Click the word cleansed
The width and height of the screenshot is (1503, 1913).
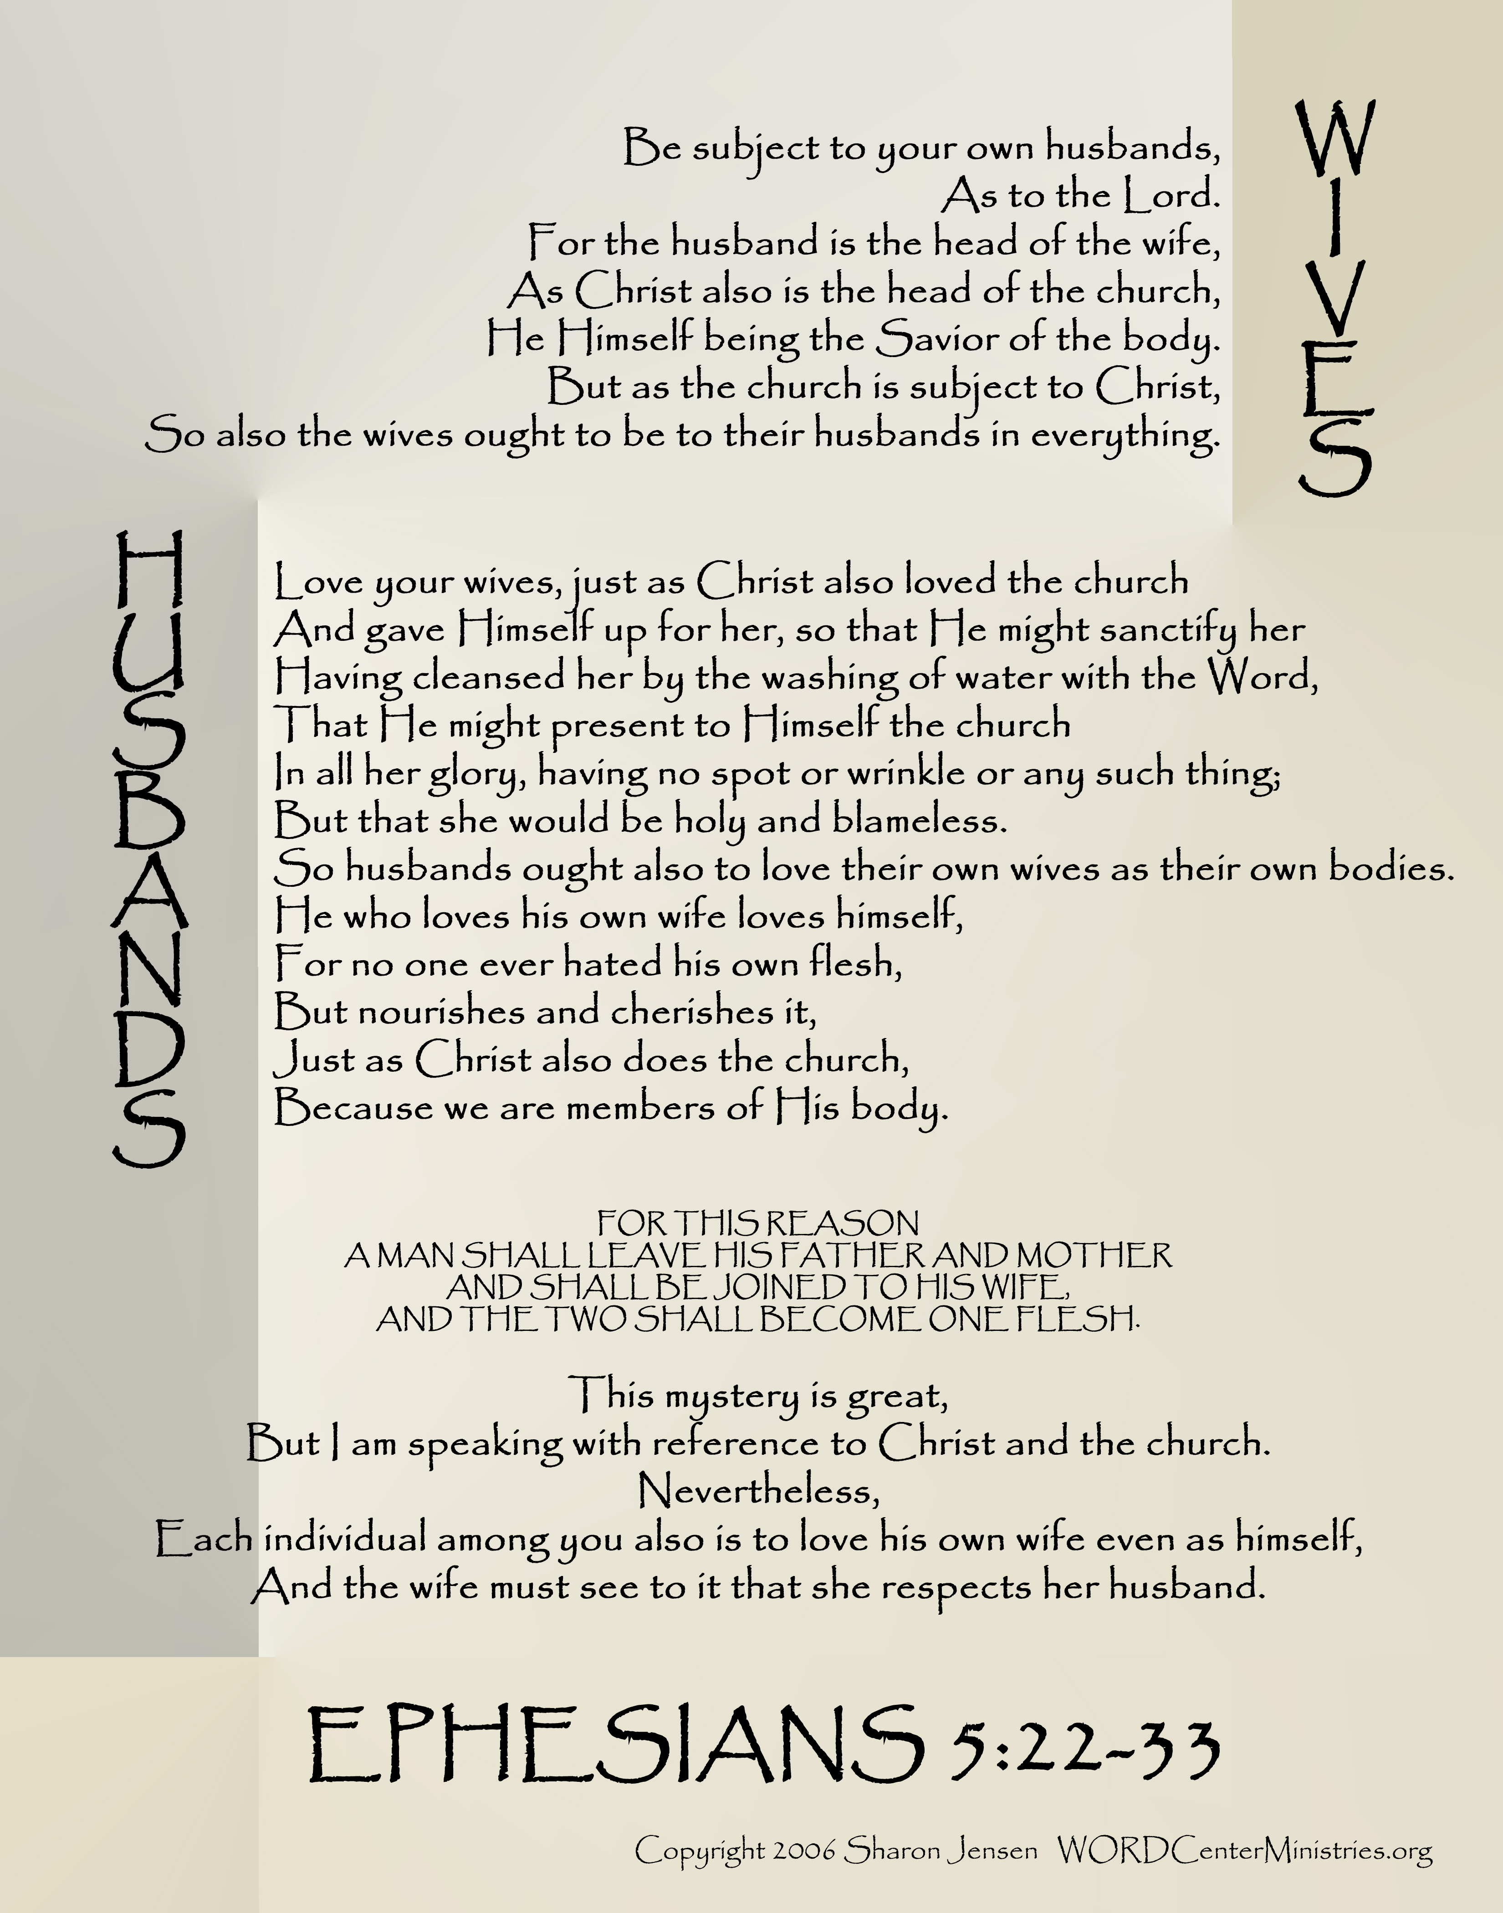point(489,678)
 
